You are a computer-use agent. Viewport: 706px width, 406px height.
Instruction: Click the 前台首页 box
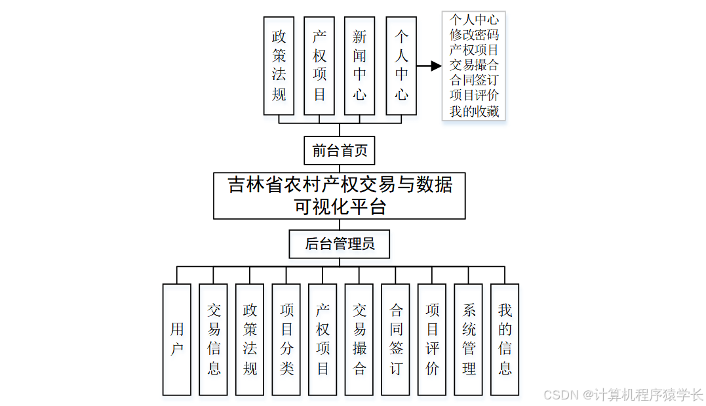pyautogui.click(x=339, y=151)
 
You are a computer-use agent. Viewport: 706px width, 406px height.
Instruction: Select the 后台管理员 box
pyautogui.click(x=340, y=245)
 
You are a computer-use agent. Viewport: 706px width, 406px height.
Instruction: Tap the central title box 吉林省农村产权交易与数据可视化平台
pyautogui.click(x=339, y=195)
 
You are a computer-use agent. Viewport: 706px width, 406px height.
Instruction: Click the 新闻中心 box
pyautogui.click(x=360, y=66)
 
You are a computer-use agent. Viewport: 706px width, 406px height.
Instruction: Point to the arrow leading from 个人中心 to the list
pyautogui.click(x=429, y=66)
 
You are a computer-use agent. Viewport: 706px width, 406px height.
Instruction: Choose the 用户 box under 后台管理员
pyautogui.click(x=177, y=339)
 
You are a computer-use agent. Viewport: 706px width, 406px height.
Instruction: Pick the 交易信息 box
pyautogui.click(x=214, y=339)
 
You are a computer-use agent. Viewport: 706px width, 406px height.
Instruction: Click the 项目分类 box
pyautogui.click(x=286, y=339)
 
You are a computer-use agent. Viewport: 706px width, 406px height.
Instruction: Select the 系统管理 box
pyautogui.click(x=469, y=339)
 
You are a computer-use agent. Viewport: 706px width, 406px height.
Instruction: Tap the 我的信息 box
pyautogui.click(x=505, y=339)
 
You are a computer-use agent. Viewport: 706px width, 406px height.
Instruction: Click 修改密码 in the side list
pyautogui.click(x=474, y=35)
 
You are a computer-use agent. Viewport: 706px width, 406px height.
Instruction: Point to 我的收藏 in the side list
pyautogui.click(x=474, y=112)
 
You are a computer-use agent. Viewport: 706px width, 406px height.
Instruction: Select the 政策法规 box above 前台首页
pyautogui.click(x=279, y=66)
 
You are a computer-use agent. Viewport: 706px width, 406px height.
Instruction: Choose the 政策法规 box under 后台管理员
pyautogui.click(x=250, y=339)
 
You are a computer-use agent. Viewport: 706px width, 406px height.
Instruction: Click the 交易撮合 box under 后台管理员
pyautogui.click(x=359, y=339)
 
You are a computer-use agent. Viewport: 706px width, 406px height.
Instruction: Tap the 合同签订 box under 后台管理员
pyautogui.click(x=396, y=339)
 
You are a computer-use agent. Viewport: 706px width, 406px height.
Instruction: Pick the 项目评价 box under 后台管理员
pyautogui.click(x=432, y=339)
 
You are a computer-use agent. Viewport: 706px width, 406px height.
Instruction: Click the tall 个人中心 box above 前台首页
pyautogui.click(x=401, y=66)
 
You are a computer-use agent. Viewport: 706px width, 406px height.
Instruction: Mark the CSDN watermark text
pyautogui.click(x=623, y=395)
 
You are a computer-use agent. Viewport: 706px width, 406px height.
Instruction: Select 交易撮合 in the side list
pyautogui.click(x=474, y=65)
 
